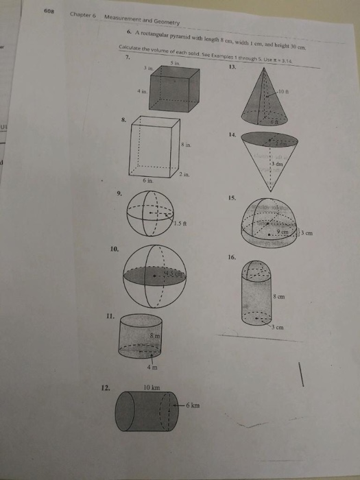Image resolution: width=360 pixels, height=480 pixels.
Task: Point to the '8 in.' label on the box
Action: click(186, 145)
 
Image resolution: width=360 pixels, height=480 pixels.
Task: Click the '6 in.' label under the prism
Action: click(147, 182)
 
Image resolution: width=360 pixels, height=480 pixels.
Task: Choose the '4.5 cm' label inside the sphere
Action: click(172, 275)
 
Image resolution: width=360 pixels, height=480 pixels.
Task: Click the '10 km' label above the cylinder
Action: click(152, 389)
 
